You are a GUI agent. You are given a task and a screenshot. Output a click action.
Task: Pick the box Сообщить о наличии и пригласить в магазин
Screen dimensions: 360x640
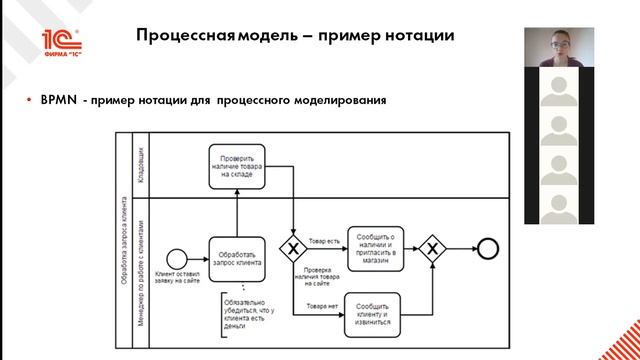point(373,247)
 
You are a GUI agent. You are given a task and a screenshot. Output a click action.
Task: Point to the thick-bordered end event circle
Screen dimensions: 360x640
point(488,248)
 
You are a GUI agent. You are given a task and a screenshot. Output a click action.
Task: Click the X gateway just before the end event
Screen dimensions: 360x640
point(432,248)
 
